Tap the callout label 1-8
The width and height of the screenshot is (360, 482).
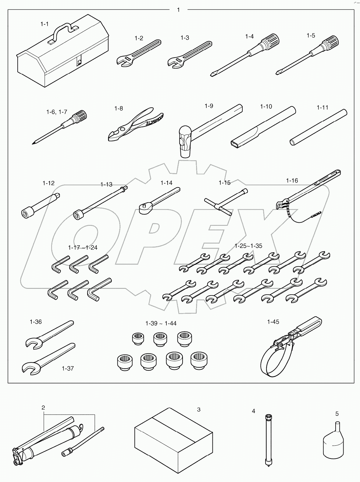(119, 108)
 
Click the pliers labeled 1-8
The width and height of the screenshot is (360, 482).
(134, 124)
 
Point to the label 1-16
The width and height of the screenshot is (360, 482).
(292, 181)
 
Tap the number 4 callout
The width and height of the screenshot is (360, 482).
(253, 411)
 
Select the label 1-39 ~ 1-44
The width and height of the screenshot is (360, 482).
(161, 323)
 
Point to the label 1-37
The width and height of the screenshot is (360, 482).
(68, 369)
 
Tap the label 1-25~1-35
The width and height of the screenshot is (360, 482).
(248, 246)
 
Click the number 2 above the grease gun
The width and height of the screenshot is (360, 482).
(43, 408)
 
